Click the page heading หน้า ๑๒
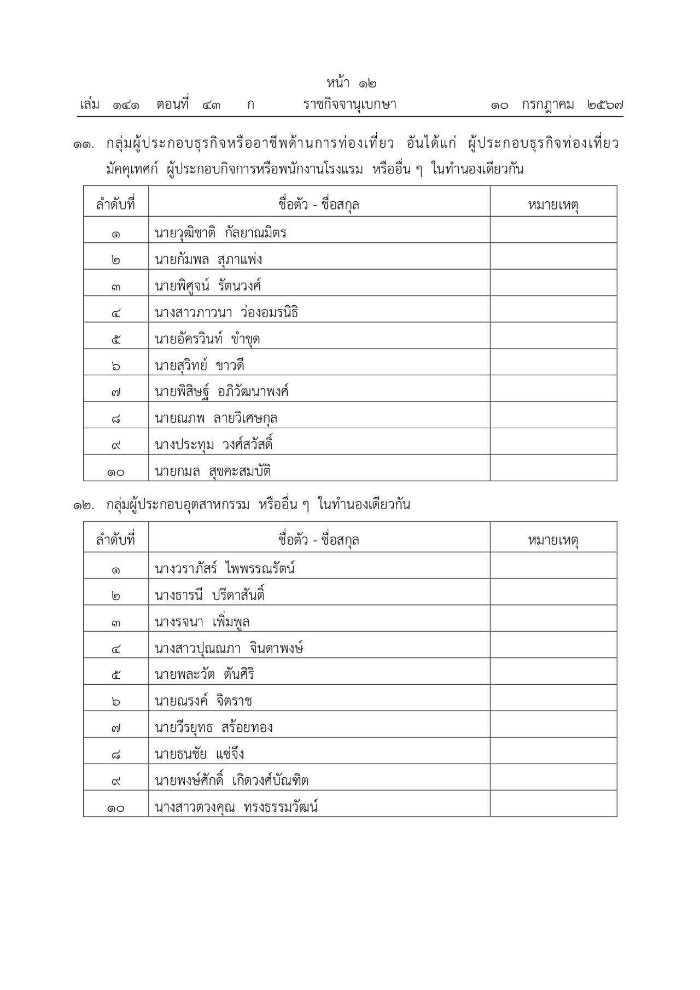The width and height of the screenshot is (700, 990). [x=351, y=83]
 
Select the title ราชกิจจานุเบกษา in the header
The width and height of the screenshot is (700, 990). [x=350, y=104]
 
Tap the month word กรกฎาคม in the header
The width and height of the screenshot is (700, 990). [x=547, y=104]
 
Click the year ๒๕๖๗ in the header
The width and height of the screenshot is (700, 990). [x=605, y=104]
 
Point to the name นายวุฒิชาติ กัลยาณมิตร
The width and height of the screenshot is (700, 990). [x=220, y=233]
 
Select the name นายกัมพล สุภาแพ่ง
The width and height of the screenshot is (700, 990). [x=208, y=259]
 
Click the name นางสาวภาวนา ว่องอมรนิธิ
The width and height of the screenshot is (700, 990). [x=226, y=313]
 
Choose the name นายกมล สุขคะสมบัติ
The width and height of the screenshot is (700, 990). [x=213, y=471]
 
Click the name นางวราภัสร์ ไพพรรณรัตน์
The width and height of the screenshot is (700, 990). [x=225, y=569]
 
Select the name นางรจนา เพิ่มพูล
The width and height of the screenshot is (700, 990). [x=202, y=622]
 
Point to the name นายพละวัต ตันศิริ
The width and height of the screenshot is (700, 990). [x=205, y=674]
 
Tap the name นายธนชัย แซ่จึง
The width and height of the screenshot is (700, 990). [x=199, y=754]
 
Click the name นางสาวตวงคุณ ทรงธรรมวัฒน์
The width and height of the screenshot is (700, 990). [x=236, y=807]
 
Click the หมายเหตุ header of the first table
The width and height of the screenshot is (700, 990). [x=553, y=205]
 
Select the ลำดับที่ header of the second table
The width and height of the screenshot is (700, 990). [x=115, y=540]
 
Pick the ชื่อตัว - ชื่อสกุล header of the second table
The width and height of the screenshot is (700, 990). [x=319, y=540]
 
